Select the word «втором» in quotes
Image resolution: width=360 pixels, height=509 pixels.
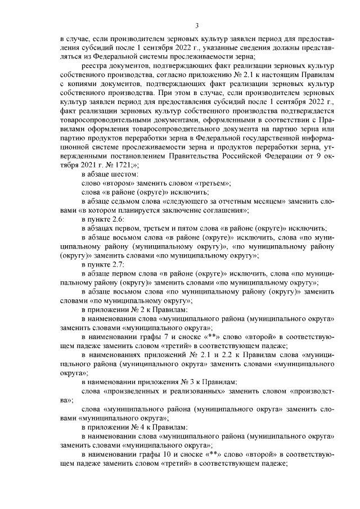[118, 183]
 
